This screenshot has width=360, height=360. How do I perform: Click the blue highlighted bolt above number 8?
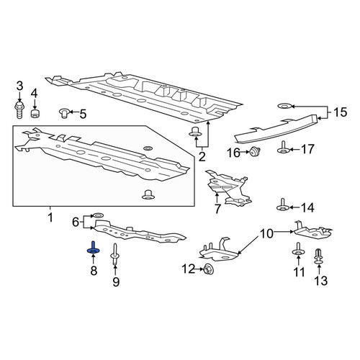[93, 248]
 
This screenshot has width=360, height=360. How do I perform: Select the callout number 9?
[116, 282]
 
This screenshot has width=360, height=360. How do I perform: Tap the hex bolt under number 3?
[19, 109]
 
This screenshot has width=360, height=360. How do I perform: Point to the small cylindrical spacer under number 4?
[35, 113]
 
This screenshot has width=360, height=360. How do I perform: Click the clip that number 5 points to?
[64, 112]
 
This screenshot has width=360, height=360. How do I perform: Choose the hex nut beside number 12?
[209, 269]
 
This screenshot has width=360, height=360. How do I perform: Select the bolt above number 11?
[298, 249]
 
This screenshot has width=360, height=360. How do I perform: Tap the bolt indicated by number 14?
[283, 205]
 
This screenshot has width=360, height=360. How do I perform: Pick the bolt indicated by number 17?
[283, 148]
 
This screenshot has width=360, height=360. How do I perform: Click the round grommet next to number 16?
[255, 152]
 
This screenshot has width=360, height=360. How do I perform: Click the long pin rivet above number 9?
[114, 254]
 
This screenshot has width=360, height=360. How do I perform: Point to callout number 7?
[217, 209]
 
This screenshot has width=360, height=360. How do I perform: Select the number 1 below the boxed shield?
[50, 217]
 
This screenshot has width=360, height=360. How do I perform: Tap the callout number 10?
[266, 234]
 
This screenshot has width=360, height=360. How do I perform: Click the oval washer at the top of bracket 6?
[98, 214]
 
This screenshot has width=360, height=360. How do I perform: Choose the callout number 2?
[202, 157]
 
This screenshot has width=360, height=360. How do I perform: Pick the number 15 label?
[340, 112]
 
